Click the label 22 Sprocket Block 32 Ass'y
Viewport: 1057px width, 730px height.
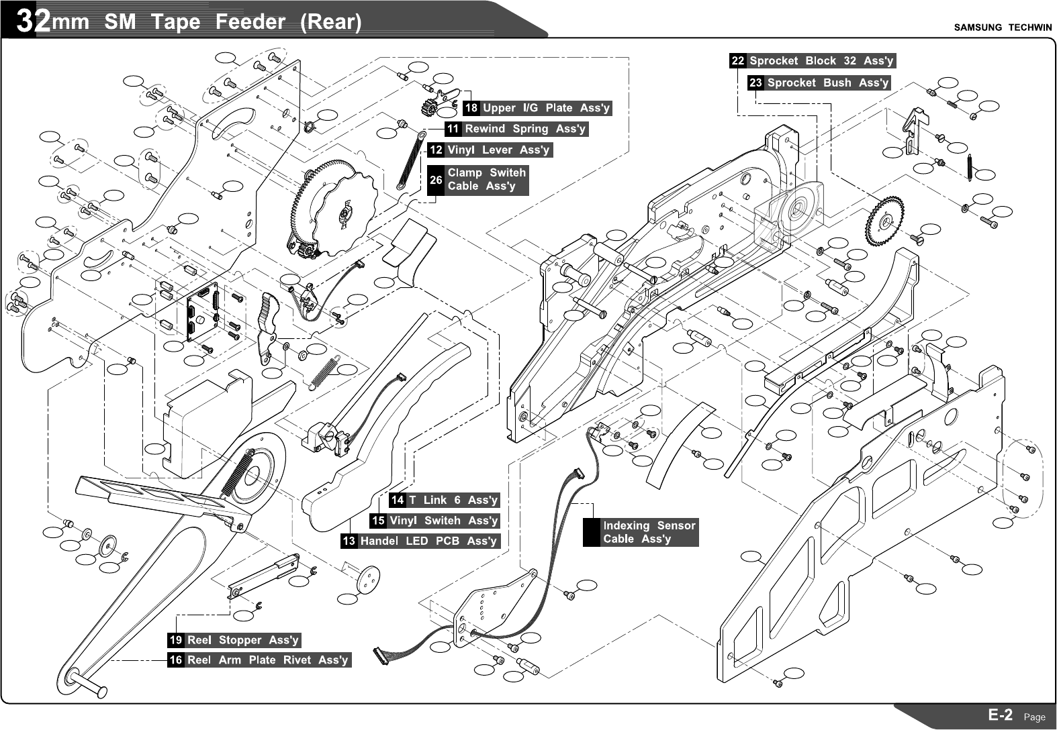click(813, 61)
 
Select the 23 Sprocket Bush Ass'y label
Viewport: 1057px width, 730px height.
click(819, 83)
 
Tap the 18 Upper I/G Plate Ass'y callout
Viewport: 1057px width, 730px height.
click(537, 108)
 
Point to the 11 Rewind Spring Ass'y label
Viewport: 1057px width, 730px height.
click(516, 129)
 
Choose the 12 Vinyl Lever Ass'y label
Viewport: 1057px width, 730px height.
click(490, 150)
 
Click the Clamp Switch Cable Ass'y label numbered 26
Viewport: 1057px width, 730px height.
click(478, 180)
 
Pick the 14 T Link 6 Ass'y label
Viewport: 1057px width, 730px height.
click(445, 500)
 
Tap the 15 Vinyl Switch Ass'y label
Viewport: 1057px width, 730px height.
click(435, 521)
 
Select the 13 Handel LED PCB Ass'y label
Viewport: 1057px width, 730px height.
click(420, 541)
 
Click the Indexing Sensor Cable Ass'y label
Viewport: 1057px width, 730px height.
click(641, 532)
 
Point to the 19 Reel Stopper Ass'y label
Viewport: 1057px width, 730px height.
click(234, 640)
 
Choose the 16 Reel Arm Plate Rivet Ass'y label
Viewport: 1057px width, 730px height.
click(259, 660)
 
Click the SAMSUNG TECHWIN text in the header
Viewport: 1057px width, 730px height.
click(1003, 28)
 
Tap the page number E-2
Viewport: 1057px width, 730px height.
click(1001, 715)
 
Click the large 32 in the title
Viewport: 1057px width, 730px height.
click(33, 21)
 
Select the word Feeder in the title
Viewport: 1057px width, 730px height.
click(250, 21)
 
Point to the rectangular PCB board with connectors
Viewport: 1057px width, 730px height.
click(203, 312)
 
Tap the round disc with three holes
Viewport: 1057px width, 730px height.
click(368, 580)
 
